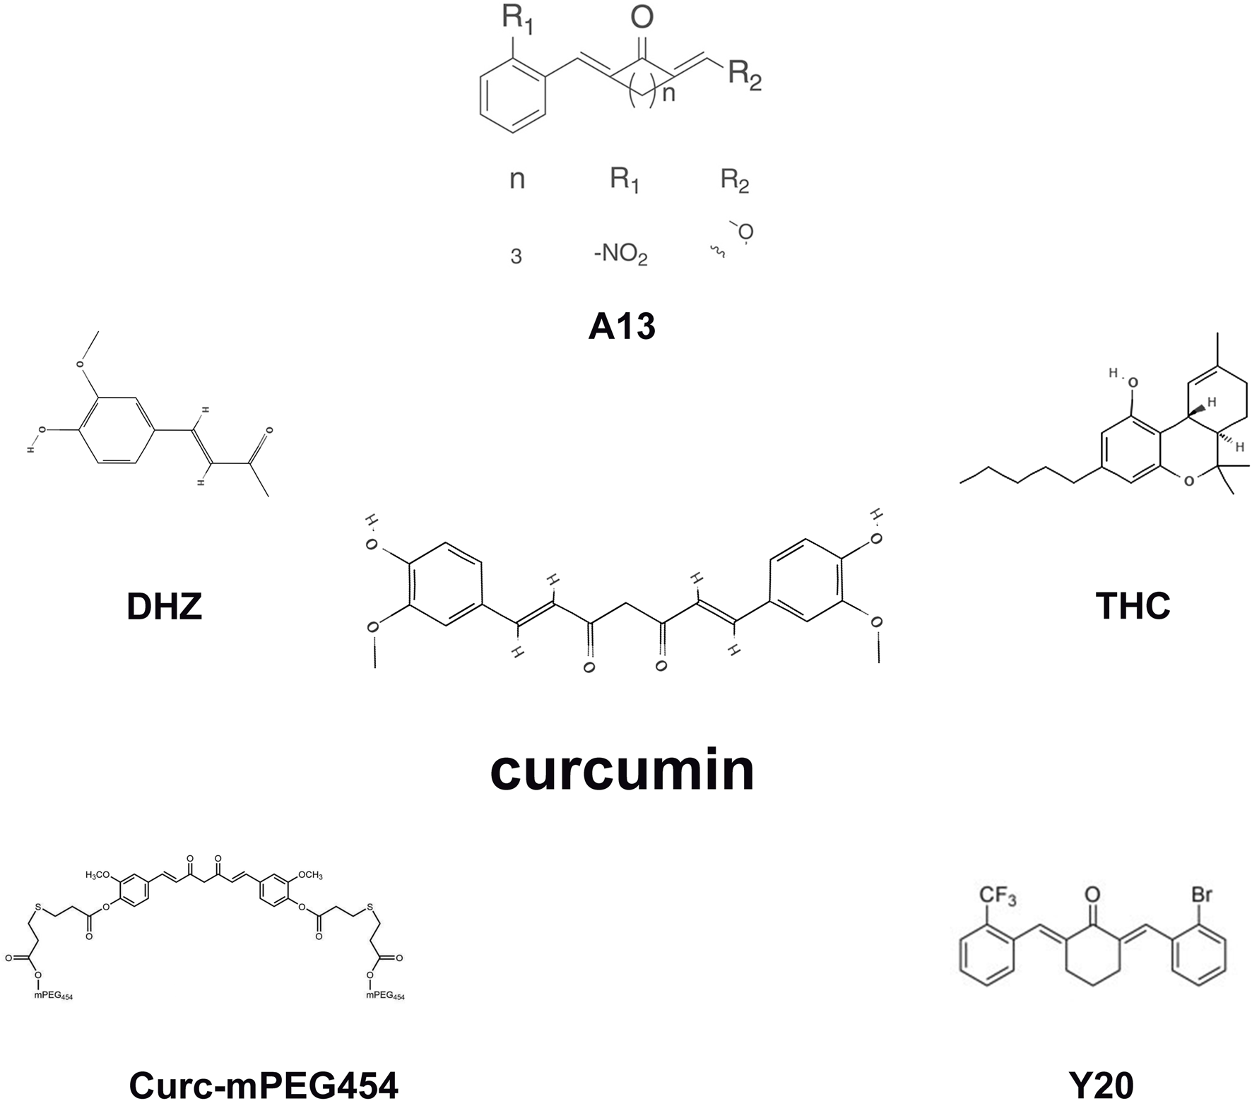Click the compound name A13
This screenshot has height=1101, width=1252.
(622, 326)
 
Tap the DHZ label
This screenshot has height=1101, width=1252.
(164, 606)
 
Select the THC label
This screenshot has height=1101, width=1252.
(1133, 606)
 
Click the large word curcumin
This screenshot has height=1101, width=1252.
(622, 770)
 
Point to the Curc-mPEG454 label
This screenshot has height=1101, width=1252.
(264, 1085)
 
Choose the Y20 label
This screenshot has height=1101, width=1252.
(1101, 1085)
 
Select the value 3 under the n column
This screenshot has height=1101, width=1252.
(516, 256)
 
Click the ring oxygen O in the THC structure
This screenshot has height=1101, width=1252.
(1189, 481)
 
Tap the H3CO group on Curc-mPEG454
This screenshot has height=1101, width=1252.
(98, 876)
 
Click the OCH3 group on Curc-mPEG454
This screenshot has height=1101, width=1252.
(309, 876)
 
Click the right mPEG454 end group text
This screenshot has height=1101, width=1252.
(385, 996)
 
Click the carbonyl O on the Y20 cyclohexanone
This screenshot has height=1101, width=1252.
(1092, 895)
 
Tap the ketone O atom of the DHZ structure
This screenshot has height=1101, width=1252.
(269, 429)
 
